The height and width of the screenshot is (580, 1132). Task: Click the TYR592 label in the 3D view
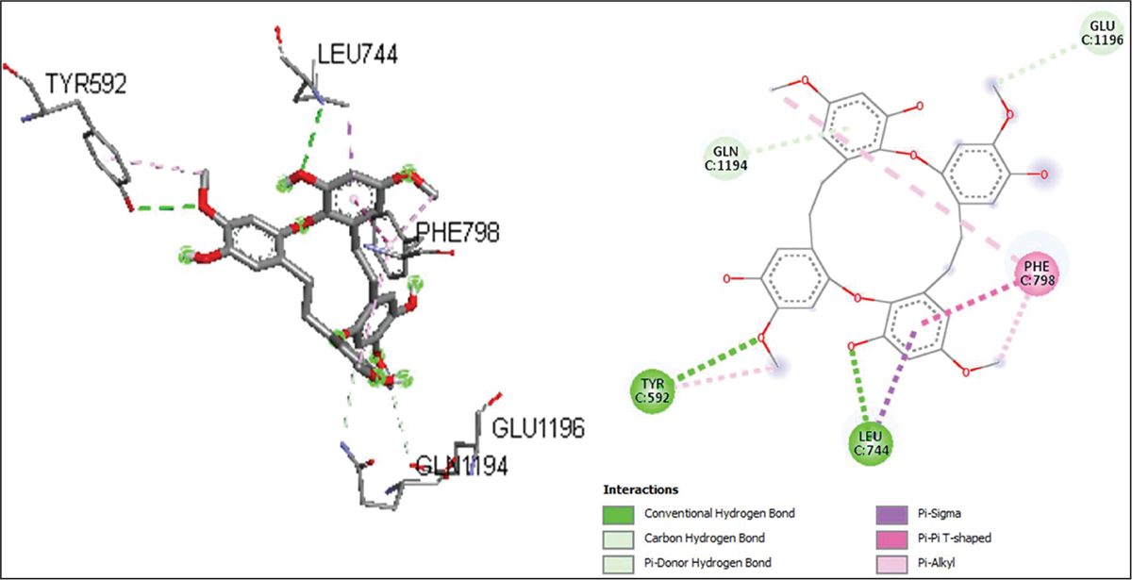[77, 84]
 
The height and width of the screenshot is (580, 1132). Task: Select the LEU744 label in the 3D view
[356, 55]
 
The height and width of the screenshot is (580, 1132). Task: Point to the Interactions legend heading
[641, 490]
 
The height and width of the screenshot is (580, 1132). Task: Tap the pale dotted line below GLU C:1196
[1047, 66]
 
